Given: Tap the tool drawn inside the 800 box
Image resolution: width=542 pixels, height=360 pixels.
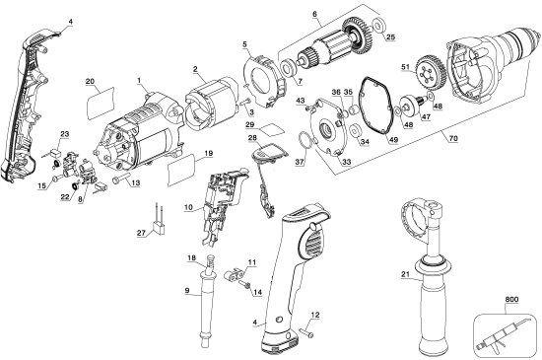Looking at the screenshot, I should click(503, 330).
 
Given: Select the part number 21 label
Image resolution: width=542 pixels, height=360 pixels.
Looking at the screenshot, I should click(405, 275).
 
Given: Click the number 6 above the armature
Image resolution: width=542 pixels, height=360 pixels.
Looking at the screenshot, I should click(315, 14).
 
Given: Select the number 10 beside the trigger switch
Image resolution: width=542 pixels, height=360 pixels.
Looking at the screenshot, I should click(187, 207).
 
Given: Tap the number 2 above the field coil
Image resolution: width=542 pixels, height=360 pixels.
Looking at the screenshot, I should click(195, 68).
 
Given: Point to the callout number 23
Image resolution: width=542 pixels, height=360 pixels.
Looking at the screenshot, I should click(65, 133).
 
